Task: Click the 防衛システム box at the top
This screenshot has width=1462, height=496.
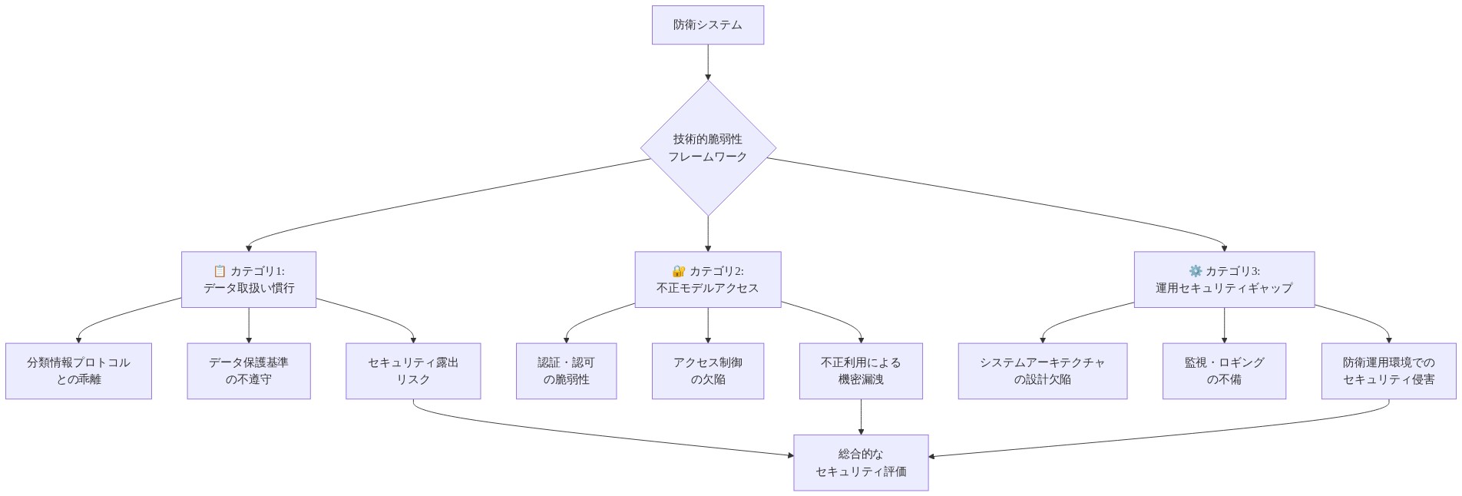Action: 707,25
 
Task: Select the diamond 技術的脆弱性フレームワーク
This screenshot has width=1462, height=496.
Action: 707,147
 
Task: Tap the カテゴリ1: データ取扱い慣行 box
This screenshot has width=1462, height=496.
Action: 248,279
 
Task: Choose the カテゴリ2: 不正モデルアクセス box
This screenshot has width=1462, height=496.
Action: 707,279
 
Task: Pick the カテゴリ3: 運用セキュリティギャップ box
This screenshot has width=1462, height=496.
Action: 1223,279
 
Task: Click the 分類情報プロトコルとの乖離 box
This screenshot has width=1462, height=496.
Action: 78,371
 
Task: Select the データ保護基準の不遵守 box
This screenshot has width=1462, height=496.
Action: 248,371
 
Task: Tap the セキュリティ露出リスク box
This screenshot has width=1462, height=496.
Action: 413,371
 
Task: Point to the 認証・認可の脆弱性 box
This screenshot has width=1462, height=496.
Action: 566,371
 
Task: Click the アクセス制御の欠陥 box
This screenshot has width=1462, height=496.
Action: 707,371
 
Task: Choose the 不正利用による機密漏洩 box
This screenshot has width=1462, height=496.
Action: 860,371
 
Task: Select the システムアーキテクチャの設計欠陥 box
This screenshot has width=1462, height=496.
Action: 1042,371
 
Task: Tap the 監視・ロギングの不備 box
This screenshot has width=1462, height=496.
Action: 1223,371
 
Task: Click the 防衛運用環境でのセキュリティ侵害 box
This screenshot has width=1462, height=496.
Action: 1388,371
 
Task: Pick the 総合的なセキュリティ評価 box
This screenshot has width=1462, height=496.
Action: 860,462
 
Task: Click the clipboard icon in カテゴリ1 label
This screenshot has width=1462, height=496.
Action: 220,271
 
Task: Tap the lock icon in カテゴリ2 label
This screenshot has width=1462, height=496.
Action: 678,271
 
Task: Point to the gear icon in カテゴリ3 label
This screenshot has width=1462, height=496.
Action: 1195,271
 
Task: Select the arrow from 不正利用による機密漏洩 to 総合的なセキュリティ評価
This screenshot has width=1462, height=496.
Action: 860,417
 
